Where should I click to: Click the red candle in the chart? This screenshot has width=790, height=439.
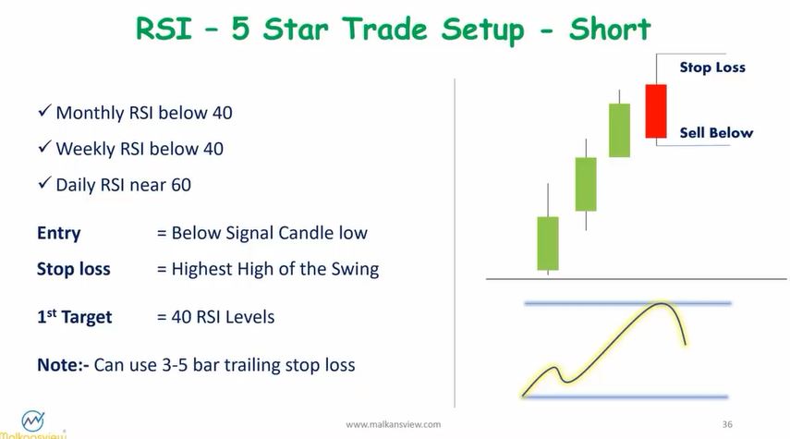click(x=655, y=112)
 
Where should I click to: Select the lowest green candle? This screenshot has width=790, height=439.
click(x=548, y=243)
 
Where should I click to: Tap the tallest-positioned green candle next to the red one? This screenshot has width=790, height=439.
click(x=619, y=130)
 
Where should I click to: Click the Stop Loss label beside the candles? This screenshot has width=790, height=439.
click(x=711, y=67)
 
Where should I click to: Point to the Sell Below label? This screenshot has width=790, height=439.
click(x=716, y=133)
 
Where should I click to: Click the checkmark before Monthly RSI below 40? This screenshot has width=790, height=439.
click(x=43, y=113)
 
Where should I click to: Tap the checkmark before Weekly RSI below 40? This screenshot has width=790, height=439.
click(x=43, y=149)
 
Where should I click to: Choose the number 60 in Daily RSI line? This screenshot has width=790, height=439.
click(x=180, y=185)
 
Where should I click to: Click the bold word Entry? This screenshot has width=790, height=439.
click(x=58, y=234)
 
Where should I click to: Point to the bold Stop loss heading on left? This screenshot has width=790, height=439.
click(x=73, y=270)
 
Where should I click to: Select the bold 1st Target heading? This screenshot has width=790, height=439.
click(x=74, y=317)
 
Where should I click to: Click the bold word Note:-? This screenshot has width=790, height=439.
click(x=63, y=364)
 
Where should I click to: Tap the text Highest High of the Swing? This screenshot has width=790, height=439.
click(x=274, y=270)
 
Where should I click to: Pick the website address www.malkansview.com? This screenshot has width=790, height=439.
click(x=393, y=424)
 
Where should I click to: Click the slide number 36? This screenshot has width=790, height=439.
click(x=727, y=424)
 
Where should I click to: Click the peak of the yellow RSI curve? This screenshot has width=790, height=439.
click(x=662, y=304)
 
